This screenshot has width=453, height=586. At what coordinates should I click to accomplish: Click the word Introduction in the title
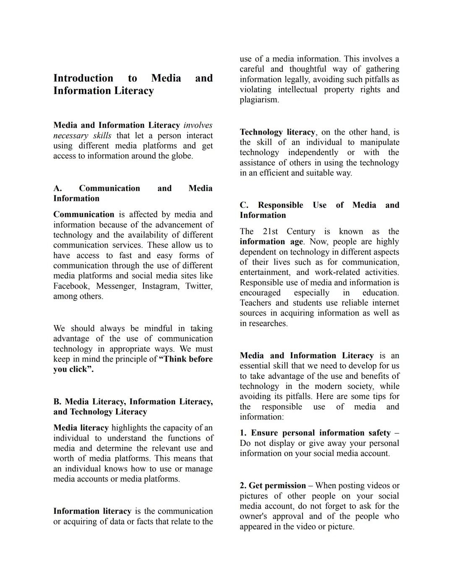tap(83, 78)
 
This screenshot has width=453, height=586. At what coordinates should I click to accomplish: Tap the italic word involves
tap(198, 125)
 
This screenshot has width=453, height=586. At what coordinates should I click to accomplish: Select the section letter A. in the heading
tap(57, 188)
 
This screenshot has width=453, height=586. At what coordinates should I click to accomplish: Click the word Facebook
tap(71, 286)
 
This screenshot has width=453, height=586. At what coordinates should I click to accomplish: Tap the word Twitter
tap(198, 286)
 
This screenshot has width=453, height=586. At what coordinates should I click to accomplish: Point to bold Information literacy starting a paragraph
tap(92, 511)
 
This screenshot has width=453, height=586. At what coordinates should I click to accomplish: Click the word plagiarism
tap(259, 100)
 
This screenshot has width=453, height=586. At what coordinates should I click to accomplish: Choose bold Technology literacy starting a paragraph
tap(277, 132)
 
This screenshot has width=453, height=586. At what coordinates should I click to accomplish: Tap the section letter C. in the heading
tap(244, 205)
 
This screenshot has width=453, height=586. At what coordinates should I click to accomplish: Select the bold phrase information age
tap(271, 242)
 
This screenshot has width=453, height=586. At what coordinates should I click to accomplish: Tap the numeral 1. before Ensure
tap(243, 433)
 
